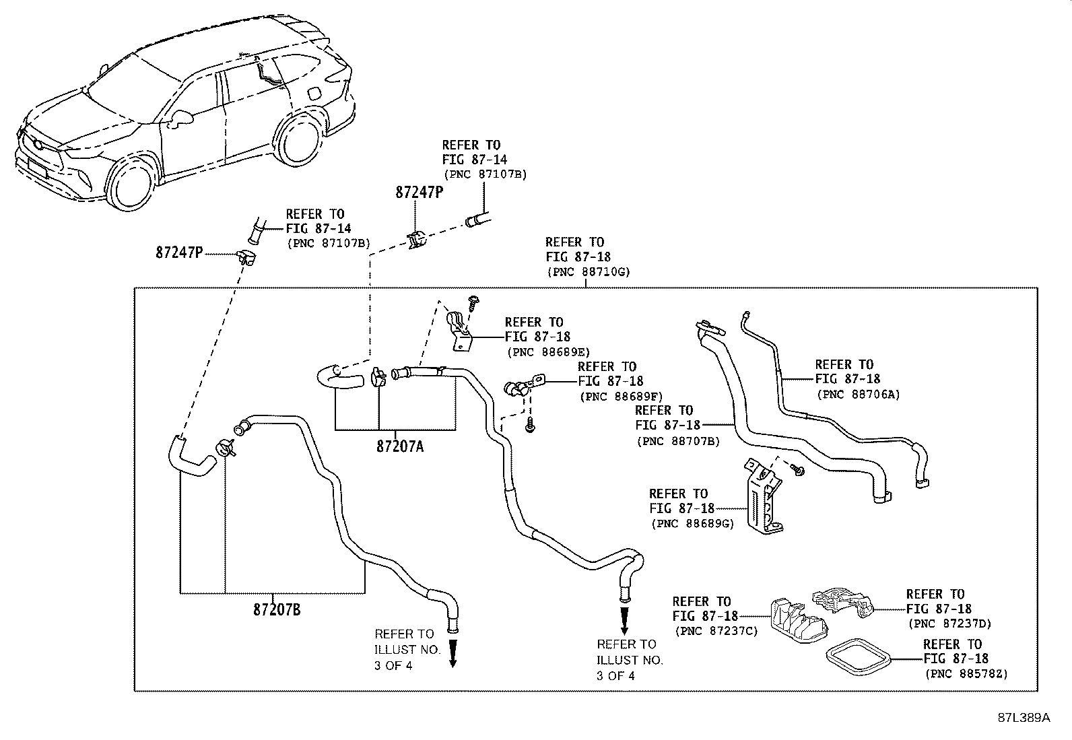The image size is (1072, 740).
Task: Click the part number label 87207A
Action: click(400, 446)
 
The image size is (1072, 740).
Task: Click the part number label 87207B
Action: click(277, 610)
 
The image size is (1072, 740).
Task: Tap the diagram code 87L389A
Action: click(1024, 718)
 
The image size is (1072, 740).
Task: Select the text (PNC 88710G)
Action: click(589, 272)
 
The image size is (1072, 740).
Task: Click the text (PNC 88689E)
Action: click(548, 352)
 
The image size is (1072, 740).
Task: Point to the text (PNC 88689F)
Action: click(622, 397)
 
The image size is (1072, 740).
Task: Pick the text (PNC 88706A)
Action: click(859, 395)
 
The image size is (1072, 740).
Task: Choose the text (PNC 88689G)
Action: click(692, 524)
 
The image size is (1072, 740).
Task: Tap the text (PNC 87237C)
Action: click(716, 632)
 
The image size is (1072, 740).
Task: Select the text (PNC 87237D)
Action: click(950, 624)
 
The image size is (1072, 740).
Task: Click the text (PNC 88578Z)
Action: click(966, 674)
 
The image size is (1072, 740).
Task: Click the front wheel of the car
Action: click(132, 185)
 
